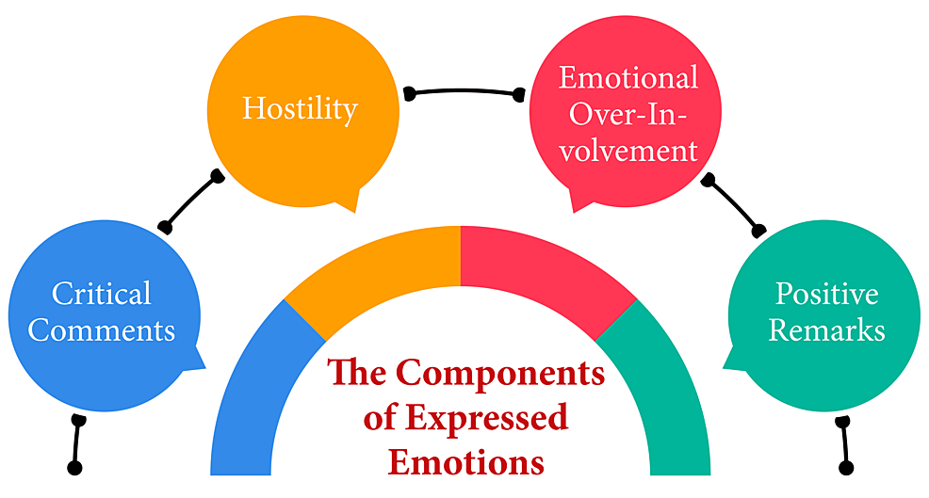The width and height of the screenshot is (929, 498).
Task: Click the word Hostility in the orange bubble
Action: click(x=300, y=108)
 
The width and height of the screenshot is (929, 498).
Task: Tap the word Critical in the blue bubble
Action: click(x=101, y=294)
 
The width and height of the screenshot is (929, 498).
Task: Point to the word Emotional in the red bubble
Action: click(x=627, y=77)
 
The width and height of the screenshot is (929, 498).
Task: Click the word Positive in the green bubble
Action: click(x=826, y=294)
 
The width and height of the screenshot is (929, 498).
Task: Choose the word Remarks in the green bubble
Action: click(x=826, y=330)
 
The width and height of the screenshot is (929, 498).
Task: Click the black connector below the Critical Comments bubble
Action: click(x=76, y=443)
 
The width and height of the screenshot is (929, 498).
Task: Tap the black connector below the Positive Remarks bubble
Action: click(x=845, y=443)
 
